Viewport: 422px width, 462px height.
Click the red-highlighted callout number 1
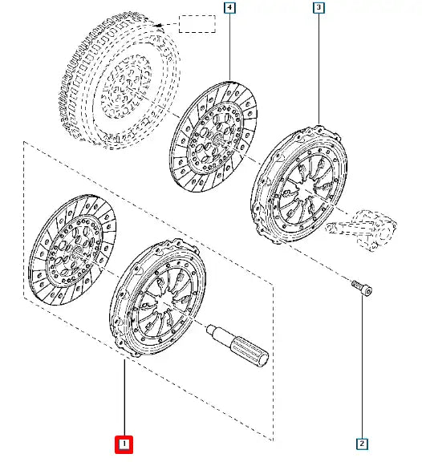pos(124,444)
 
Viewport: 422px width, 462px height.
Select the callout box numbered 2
pos(362,444)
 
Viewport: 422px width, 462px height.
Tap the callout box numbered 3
pos(319,8)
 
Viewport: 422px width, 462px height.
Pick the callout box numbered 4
pos(229,8)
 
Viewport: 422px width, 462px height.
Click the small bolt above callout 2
pos(362,288)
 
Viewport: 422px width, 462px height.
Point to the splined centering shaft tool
pos(237,345)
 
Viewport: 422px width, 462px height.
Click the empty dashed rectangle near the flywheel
pos(197,24)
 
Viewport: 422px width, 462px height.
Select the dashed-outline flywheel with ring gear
pos(120,80)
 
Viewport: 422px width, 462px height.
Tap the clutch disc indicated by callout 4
pos(213,136)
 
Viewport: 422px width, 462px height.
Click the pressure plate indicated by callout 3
pos(298,185)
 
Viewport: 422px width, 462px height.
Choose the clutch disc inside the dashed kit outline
pos(72,250)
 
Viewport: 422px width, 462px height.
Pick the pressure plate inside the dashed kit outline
pos(157,298)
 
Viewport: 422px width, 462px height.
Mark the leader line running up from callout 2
pos(363,367)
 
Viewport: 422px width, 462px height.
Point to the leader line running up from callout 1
pos(124,398)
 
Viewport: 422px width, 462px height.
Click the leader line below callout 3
pos(319,69)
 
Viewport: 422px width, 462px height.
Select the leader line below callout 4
pos(229,47)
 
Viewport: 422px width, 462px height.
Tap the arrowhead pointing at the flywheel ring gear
pos(159,26)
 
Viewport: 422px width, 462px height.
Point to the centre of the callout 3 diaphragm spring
pos(305,188)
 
